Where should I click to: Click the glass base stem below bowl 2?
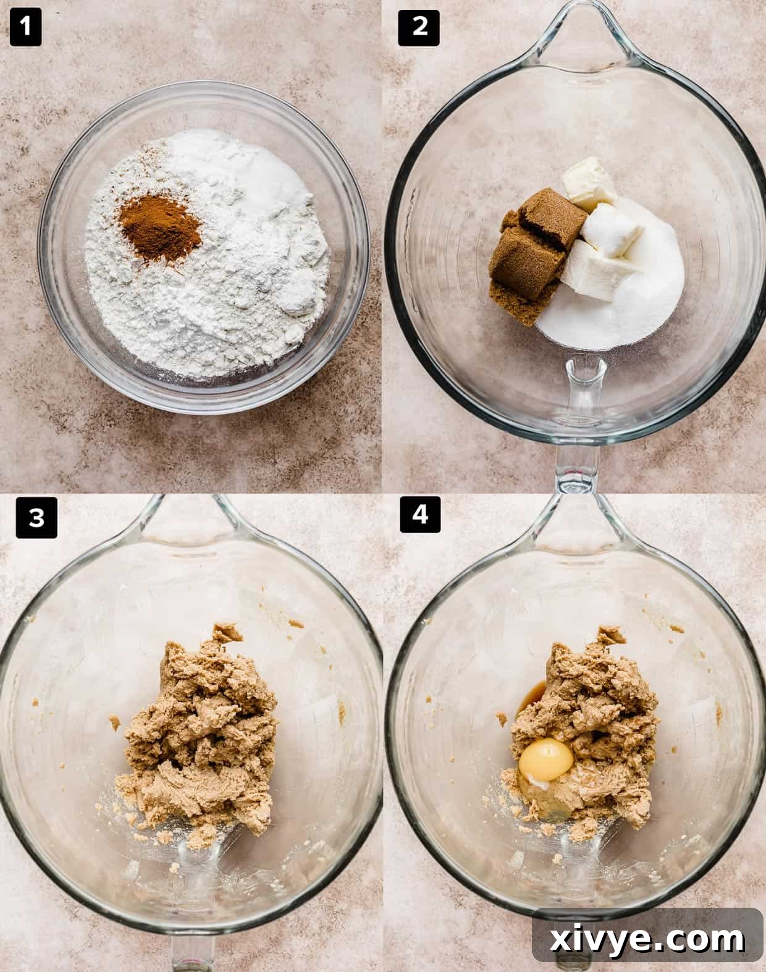click(x=578, y=457)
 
